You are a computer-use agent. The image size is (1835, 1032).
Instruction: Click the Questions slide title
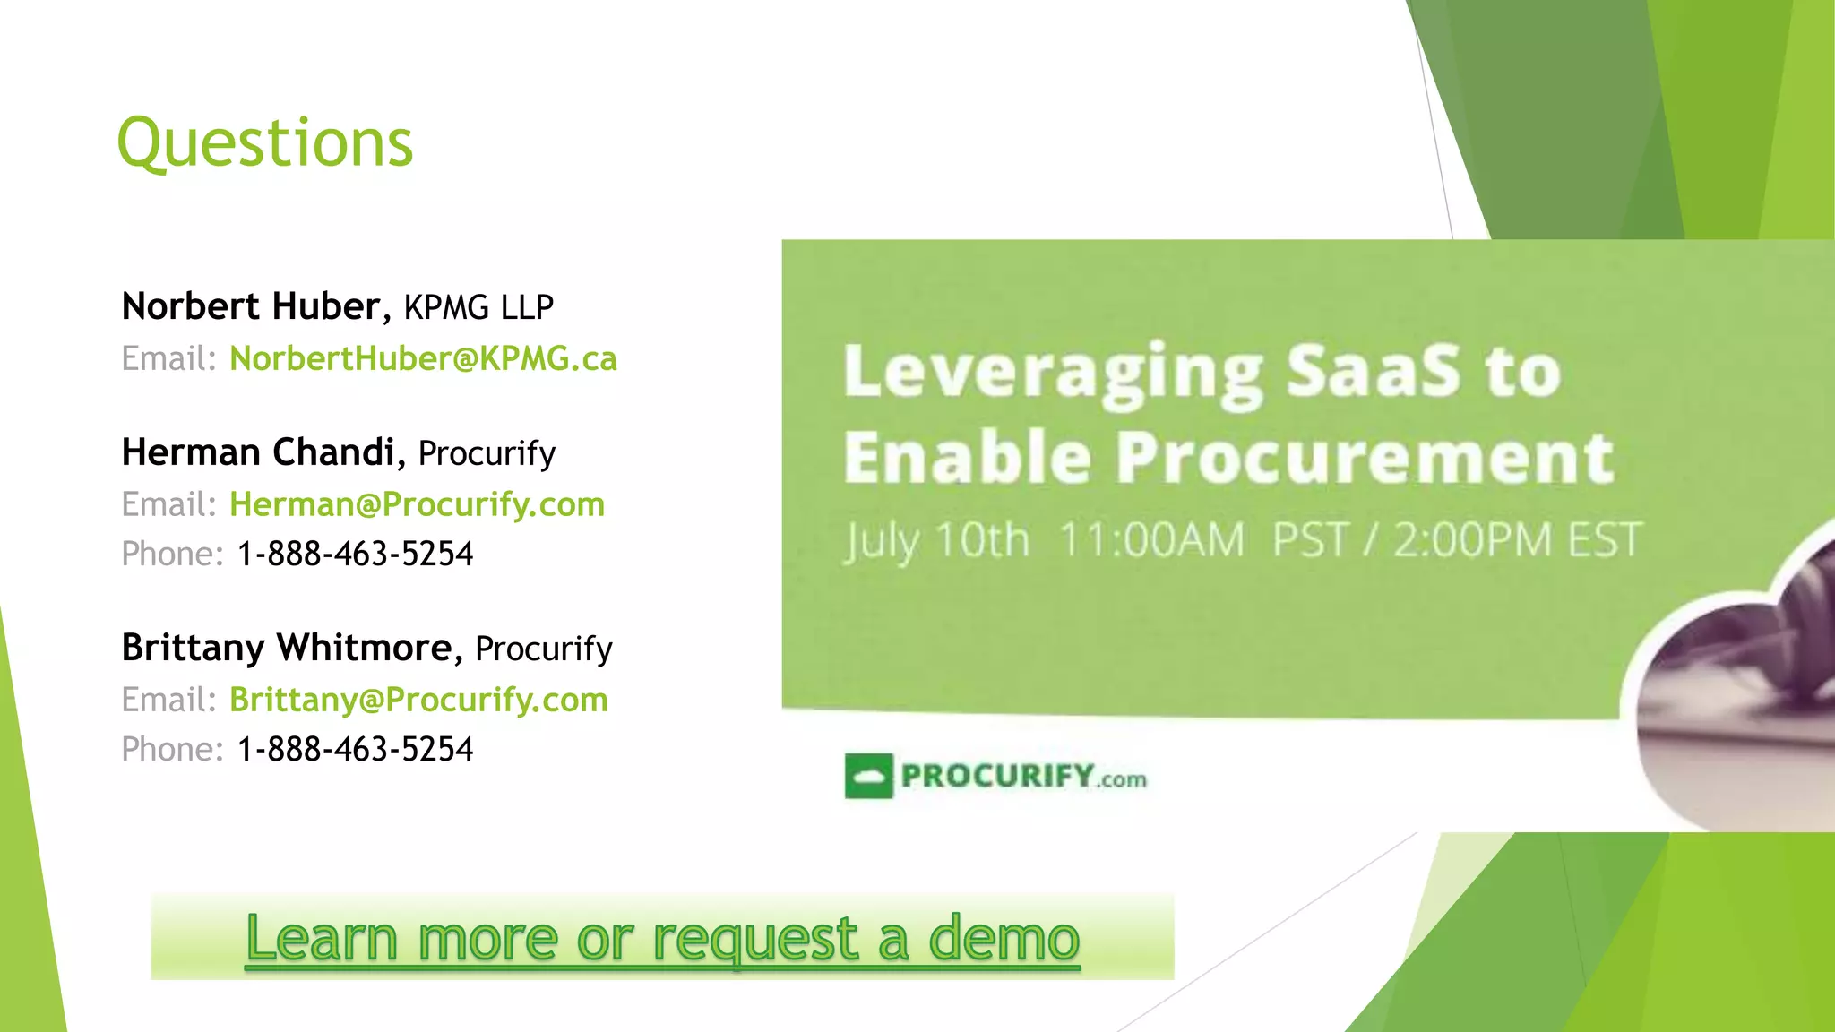coord(265,143)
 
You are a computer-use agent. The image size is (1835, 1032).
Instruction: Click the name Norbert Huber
coord(251,306)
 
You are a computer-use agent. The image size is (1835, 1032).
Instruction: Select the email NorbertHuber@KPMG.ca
coord(423,358)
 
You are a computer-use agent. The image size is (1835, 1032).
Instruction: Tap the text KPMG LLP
coord(478,307)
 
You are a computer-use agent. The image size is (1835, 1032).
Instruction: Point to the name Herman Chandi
coord(258,452)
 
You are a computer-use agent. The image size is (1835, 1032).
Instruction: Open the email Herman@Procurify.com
coord(417,504)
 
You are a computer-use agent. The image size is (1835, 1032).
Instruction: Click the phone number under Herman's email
coord(355,554)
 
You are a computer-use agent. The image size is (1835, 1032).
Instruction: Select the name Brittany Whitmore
coord(287,648)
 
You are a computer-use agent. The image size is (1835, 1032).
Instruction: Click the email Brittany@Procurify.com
coord(418,700)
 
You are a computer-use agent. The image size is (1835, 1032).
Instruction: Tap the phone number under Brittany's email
coord(355,749)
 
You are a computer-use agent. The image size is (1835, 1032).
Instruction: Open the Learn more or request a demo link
coord(662,937)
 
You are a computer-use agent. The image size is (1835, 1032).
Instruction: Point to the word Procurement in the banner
coord(1365,457)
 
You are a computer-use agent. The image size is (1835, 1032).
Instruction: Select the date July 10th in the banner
coord(936,540)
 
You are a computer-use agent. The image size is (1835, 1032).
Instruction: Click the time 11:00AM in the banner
coord(1151,540)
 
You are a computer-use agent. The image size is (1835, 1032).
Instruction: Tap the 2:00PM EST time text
coord(1517,540)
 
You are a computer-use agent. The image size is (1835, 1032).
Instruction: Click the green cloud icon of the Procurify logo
coord(868,776)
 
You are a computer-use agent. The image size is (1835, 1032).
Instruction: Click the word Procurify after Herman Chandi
coord(487,453)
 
